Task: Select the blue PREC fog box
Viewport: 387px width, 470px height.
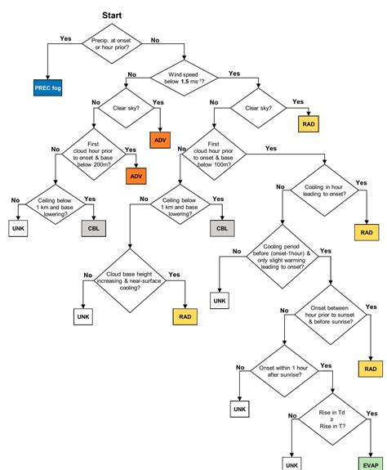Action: pos(48,87)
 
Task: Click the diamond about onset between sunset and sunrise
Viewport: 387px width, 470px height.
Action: pos(330,311)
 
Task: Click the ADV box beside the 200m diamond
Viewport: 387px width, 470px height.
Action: pos(135,176)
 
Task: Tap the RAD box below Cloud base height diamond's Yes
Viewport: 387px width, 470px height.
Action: pos(184,316)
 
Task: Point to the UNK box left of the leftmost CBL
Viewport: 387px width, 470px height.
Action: pos(18,228)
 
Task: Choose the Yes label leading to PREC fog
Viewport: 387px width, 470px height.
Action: pos(66,39)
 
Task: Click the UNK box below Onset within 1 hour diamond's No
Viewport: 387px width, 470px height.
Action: pos(238,407)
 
